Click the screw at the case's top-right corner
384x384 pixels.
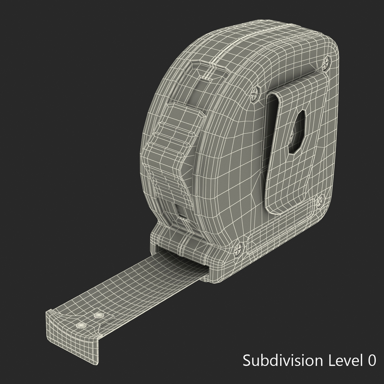pos(326,64)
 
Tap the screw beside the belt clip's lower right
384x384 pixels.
pos(320,201)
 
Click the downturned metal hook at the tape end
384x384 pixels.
pos(71,329)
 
